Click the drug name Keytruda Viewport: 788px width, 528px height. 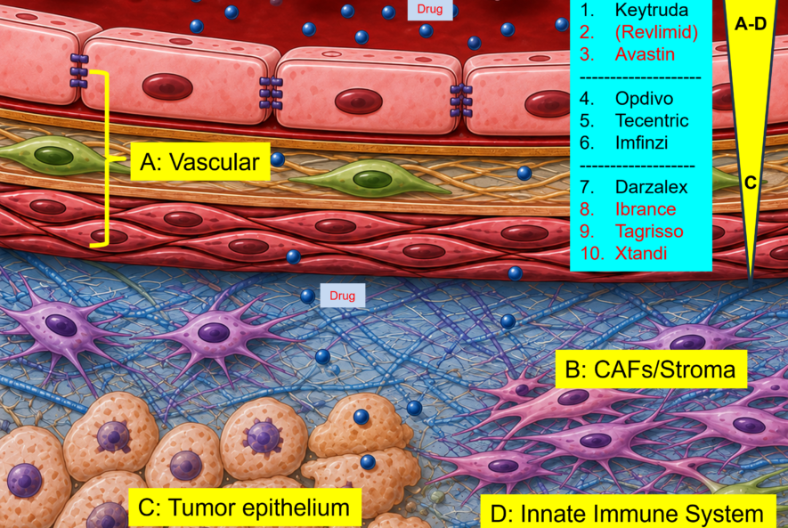tap(651, 10)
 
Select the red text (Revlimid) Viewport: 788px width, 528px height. tap(656, 32)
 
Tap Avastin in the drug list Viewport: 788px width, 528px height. tap(645, 54)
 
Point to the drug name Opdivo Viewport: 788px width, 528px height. tap(644, 99)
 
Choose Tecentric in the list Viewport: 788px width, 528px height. tap(652, 120)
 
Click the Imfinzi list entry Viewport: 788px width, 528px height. tap(642, 142)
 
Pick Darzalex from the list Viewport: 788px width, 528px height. tap(651, 187)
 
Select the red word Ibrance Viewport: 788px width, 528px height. tap(646, 209)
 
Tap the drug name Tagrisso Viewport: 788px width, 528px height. tap(649, 232)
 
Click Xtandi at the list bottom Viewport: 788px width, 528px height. tap(641, 253)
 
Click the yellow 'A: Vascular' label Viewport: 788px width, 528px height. tap(200, 162)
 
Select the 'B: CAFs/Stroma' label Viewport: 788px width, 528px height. tap(651, 370)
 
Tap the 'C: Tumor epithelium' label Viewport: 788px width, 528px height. tap(244, 508)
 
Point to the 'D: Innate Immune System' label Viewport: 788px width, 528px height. tap(628, 513)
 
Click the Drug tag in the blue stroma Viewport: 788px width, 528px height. tap(342, 296)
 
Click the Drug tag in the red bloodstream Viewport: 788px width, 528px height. tap(430, 9)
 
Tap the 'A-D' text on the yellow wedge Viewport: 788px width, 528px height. tap(751, 24)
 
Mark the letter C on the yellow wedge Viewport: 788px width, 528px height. tap(751, 183)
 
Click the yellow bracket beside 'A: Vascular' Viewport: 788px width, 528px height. tap(107, 158)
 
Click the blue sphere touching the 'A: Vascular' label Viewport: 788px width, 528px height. tap(278, 159)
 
